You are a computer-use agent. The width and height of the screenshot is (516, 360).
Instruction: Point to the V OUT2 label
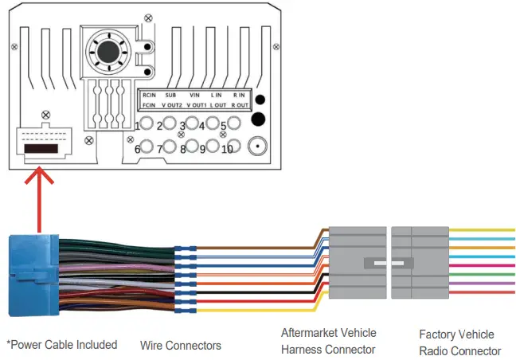tap(173, 105)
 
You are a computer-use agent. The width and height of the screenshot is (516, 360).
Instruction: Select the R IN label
tap(239, 95)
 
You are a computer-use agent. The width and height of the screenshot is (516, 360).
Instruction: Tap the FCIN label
tap(148, 105)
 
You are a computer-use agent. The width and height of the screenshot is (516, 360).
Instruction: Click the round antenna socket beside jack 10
tap(257, 147)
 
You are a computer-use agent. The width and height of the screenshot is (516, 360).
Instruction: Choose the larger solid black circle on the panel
tap(257, 120)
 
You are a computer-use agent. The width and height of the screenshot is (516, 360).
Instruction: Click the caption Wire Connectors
tap(180, 346)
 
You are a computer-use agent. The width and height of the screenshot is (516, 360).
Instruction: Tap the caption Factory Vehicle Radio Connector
tap(459, 342)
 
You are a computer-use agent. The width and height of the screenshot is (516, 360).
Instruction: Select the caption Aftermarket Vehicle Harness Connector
tap(329, 341)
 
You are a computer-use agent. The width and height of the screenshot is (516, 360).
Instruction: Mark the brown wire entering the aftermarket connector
tap(315, 233)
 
